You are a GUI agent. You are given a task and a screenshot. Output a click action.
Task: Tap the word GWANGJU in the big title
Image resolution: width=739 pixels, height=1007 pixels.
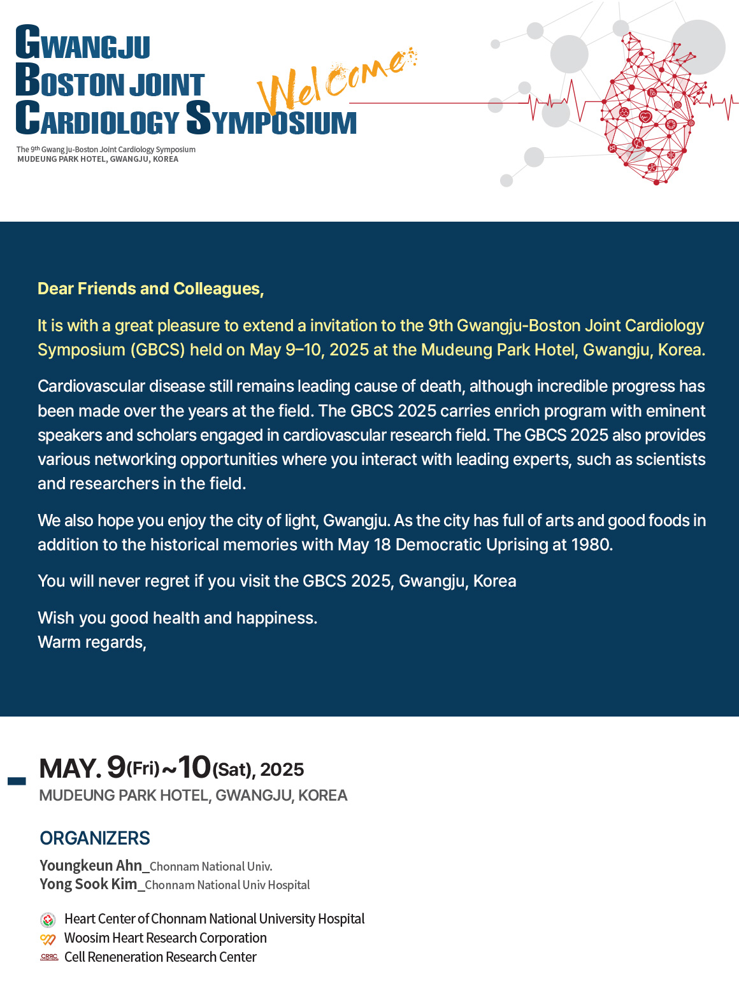(83, 44)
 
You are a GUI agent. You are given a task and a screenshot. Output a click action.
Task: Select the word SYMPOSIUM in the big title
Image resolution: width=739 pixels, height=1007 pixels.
(271, 118)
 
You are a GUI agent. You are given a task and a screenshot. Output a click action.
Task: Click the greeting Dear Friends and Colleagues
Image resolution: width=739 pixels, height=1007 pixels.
(150, 289)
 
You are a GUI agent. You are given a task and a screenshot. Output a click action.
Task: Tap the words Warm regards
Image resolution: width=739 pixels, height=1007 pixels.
(92, 642)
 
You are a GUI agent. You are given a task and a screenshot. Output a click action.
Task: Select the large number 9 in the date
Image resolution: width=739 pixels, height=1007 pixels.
(116, 767)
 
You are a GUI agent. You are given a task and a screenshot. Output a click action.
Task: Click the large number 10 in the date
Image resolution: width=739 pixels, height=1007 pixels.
(194, 767)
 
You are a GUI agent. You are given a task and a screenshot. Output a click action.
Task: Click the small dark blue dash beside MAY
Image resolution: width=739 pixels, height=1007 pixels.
(17, 781)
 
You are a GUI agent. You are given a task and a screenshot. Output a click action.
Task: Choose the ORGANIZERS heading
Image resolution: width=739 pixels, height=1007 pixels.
(95, 838)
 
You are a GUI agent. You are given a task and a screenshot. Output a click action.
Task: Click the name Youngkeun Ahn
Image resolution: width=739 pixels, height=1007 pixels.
(90, 866)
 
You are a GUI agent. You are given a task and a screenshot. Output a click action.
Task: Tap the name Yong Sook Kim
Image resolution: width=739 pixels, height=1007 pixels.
(88, 884)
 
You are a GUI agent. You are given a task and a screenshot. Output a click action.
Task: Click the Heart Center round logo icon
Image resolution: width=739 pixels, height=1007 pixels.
(48, 920)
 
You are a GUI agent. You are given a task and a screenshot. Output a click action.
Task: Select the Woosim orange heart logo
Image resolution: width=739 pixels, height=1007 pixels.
(48, 939)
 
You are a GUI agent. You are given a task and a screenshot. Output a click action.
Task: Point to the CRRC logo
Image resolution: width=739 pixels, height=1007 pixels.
(49, 957)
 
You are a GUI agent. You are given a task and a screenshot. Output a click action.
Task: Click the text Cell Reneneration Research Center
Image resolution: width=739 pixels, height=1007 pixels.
(160, 957)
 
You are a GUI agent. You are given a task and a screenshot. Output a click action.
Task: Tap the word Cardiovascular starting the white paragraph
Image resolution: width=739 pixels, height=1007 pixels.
(90, 387)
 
